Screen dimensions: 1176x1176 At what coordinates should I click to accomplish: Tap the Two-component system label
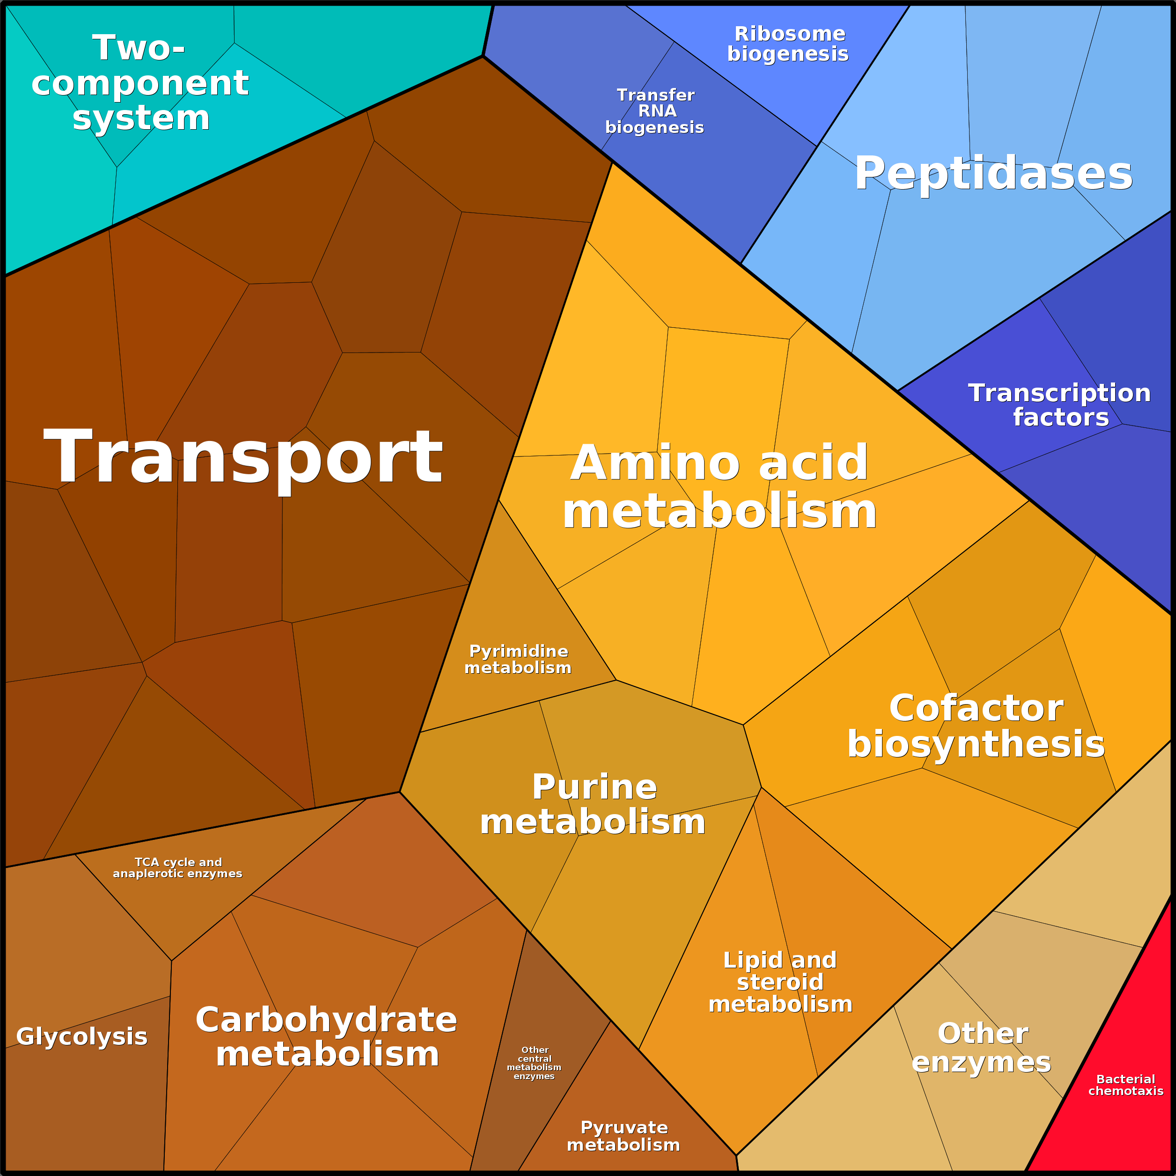[x=140, y=83]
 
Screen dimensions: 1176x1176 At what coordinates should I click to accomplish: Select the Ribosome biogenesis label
[x=788, y=44]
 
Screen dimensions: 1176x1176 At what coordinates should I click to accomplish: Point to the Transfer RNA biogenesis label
[x=655, y=111]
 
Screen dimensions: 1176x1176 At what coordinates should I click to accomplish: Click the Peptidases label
[x=993, y=174]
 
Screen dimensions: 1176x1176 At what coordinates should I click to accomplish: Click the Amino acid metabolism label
[x=720, y=487]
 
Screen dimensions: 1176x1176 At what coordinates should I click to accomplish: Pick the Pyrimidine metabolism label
[x=518, y=660]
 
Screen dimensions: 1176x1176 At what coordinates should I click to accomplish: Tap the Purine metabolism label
[x=594, y=805]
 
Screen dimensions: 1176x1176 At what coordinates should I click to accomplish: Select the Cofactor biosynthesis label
[x=976, y=726]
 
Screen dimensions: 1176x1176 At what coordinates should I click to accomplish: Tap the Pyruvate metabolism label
[x=623, y=1136]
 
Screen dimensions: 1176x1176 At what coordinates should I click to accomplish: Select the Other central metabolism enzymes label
[x=535, y=1063]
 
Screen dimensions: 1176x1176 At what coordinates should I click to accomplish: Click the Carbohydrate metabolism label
[x=327, y=1036]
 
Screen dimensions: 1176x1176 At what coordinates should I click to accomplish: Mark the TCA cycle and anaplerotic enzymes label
[x=178, y=867]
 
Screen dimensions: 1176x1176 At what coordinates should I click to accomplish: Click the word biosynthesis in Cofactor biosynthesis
[x=976, y=744]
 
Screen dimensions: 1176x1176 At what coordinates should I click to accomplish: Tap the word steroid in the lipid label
[x=780, y=982]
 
